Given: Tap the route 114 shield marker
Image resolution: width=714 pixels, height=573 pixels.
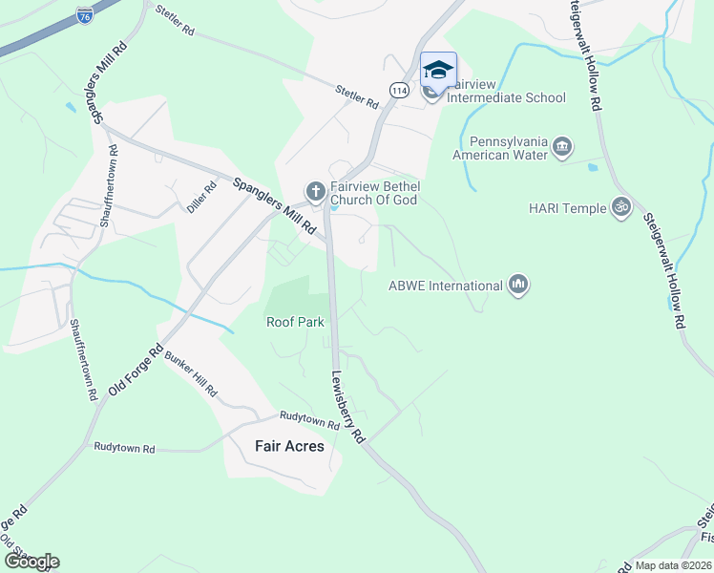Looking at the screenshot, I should click(x=399, y=89).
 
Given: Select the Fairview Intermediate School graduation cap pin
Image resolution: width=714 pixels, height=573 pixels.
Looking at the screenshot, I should click(x=438, y=70).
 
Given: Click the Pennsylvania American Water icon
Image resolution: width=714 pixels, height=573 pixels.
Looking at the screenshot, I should click(x=561, y=146).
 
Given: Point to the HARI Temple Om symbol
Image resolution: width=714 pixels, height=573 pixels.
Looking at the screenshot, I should click(x=621, y=206).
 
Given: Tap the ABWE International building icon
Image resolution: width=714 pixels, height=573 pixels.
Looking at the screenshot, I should click(x=518, y=285).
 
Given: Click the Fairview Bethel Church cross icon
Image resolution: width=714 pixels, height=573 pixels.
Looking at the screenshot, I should click(x=314, y=192).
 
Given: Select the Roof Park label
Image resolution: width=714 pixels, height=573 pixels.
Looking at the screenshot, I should click(x=295, y=322).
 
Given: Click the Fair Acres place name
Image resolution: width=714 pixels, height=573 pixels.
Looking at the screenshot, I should click(x=289, y=446).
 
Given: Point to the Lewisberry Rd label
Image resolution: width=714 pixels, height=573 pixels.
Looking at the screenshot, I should click(x=349, y=407).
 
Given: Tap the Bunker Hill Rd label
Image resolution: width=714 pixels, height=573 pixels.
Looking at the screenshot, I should click(x=191, y=374).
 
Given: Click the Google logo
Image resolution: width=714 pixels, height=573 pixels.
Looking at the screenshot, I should click(x=31, y=561).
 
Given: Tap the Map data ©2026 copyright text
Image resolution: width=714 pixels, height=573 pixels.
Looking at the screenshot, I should click(x=673, y=565).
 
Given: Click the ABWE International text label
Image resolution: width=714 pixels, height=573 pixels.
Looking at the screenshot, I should click(x=445, y=286).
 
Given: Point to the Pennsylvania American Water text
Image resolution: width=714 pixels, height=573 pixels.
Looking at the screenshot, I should click(x=500, y=146).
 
